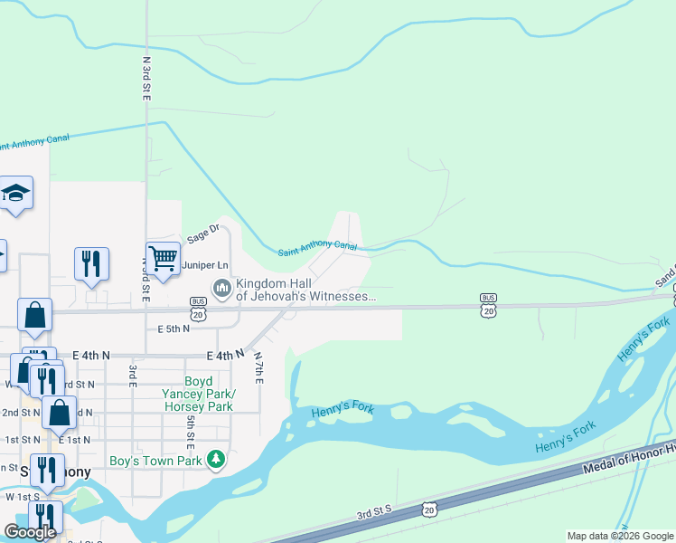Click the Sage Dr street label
tap(203, 234)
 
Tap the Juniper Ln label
tap(202, 265)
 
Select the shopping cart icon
tap(163, 258)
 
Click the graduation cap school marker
tap(15, 194)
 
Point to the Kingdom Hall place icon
tap(221, 289)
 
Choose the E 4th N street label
tap(225, 356)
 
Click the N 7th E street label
tap(258, 367)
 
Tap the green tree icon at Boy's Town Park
tap(215, 461)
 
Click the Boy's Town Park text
tap(155, 461)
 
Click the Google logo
tap(30, 532)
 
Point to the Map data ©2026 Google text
tap(620, 536)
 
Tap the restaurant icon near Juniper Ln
tap(91, 263)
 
